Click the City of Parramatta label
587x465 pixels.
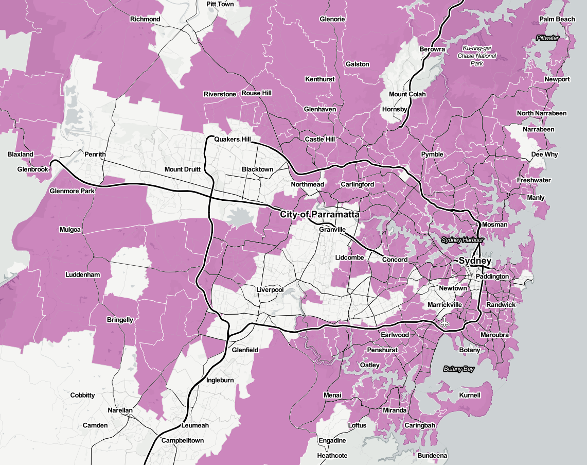click(x=319, y=214)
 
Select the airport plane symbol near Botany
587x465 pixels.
click(x=445, y=323)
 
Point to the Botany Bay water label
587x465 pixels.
click(x=459, y=369)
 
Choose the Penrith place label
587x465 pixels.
click(x=95, y=154)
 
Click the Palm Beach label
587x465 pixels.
click(x=557, y=19)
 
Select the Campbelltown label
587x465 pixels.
click(x=183, y=440)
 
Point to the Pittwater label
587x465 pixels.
click(x=547, y=38)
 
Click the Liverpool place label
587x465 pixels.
click(x=270, y=290)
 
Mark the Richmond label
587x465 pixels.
click(x=145, y=19)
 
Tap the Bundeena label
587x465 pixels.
click(x=432, y=456)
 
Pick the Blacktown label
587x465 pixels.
click(x=258, y=169)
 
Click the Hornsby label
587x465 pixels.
click(x=395, y=109)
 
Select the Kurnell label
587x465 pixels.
click(x=468, y=395)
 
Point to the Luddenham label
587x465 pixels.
click(x=82, y=274)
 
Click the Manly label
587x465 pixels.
click(x=536, y=198)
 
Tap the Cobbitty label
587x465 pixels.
click(x=82, y=395)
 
